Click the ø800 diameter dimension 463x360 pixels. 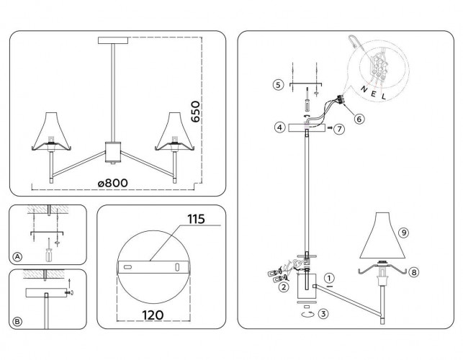(113, 183)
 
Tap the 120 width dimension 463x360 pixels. (153, 314)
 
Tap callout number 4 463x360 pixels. (277, 127)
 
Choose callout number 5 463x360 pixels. (277, 85)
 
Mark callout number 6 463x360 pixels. (359, 119)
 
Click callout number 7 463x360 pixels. (339, 127)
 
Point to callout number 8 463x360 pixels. (414, 272)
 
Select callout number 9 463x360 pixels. (403, 232)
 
